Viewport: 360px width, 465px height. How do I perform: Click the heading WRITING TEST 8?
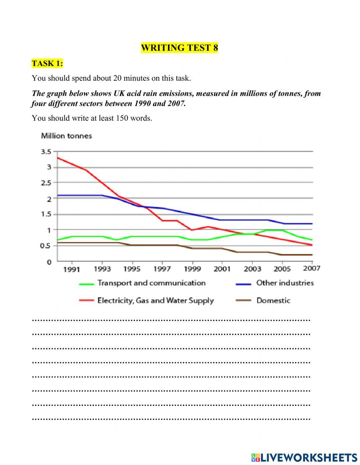pos(179,48)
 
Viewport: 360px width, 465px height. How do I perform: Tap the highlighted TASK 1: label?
pos(47,64)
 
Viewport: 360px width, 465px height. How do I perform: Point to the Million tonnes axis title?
pos(67,136)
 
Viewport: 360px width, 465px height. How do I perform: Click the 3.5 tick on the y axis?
pos(46,152)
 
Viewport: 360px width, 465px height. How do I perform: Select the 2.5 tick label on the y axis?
pos(46,183)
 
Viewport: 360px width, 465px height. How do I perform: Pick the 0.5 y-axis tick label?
pos(46,246)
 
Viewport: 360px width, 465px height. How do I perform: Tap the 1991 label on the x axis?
pos(72,269)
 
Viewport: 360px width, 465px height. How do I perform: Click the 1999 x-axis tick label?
pos(192,269)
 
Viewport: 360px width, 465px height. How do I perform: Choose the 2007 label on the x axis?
pos(311,268)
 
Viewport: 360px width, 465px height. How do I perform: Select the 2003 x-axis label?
pos(252,269)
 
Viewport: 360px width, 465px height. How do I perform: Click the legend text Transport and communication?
pos(151,283)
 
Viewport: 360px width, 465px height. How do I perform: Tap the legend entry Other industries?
pos(285,283)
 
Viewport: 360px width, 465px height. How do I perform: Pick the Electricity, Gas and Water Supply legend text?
pos(156,300)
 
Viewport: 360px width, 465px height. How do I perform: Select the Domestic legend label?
pos(273,300)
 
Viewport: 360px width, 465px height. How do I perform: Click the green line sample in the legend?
pos(86,284)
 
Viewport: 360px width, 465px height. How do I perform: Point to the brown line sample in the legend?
pos(243,301)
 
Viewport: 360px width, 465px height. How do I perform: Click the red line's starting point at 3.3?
pos(58,158)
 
